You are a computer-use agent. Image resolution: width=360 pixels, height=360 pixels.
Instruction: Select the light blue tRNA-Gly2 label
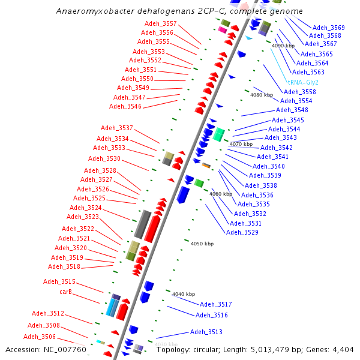coord(303,82)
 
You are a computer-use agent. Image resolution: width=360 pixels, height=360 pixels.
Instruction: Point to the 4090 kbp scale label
coord(283,46)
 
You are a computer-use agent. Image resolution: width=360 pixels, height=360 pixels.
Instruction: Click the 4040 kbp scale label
coord(184,294)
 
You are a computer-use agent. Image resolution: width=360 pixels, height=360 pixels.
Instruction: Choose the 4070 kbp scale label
coord(241,144)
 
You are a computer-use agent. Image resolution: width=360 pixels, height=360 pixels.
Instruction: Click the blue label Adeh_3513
coord(206,332)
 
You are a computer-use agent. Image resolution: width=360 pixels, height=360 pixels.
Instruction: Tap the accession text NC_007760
coord(66,350)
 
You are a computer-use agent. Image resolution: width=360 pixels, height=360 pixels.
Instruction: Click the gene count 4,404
coord(342,350)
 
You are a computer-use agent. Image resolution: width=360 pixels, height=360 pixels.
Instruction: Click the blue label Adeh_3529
coord(242,232)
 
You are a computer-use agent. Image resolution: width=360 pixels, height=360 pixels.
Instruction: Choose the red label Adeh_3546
coord(125,106)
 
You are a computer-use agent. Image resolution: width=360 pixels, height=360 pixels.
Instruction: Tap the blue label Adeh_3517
coord(215,304)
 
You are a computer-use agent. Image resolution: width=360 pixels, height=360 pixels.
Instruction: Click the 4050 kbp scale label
coord(202,244)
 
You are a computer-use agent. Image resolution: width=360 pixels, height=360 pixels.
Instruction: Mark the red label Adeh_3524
coord(86,208)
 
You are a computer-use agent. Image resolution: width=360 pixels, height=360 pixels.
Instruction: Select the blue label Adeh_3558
coord(299,92)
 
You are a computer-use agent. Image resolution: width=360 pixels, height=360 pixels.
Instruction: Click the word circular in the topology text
coord(208,350)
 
